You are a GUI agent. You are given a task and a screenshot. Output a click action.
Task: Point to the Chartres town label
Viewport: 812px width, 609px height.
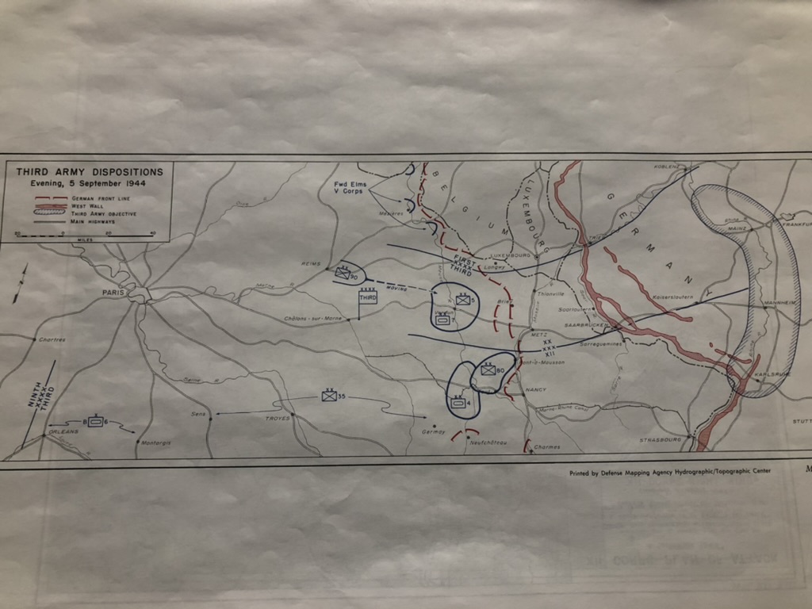pyautogui.click(x=52, y=339)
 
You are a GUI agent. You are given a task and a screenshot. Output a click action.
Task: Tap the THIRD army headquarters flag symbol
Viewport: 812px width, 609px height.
pyautogui.click(x=367, y=297)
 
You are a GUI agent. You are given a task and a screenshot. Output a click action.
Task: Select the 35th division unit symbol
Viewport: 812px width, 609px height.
pyautogui.click(x=329, y=396)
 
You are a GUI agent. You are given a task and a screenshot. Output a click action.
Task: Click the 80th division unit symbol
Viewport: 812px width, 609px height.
pyautogui.click(x=488, y=370)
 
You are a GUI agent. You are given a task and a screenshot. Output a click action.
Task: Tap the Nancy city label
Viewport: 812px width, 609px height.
pyautogui.click(x=536, y=390)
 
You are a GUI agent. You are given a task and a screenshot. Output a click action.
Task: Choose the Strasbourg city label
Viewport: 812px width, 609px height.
pyautogui.click(x=661, y=439)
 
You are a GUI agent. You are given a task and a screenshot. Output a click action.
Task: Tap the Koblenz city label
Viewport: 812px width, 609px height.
pyautogui.click(x=668, y=167)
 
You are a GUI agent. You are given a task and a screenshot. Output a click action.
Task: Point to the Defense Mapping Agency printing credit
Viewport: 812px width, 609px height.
pyautogui.click(x=669, y=472)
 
